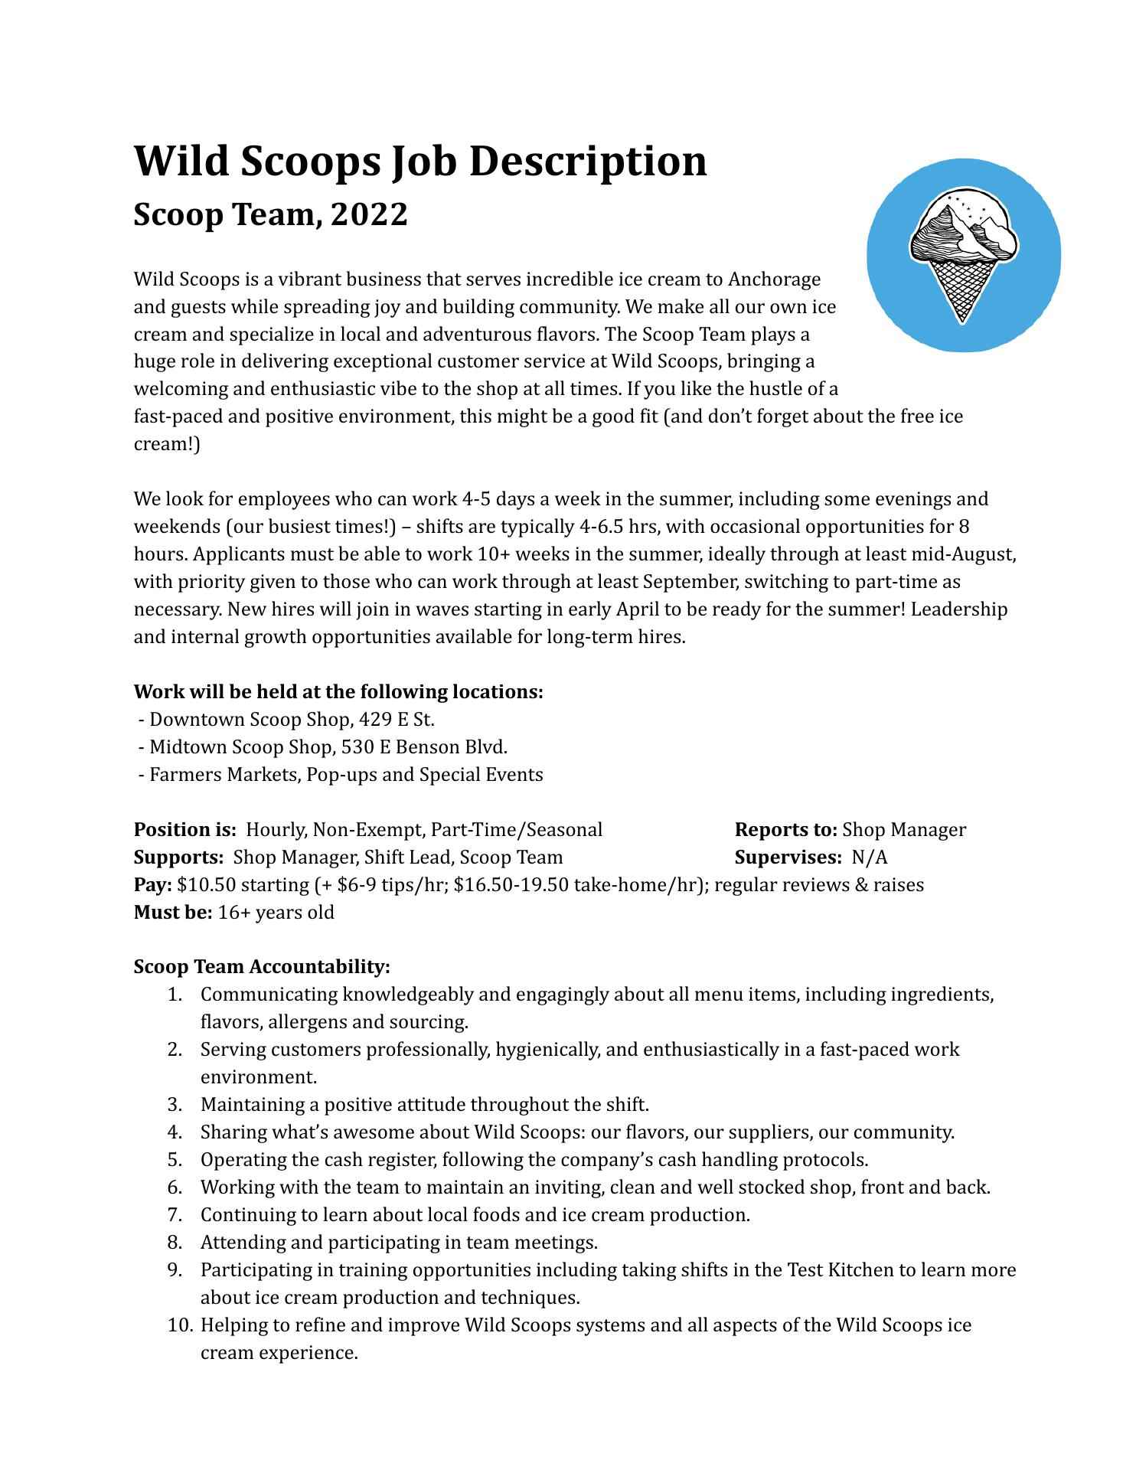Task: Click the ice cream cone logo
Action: point(963,256)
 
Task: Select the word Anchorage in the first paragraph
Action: point(774,279)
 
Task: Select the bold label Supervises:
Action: point(788,857)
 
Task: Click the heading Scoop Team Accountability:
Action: point(262,967)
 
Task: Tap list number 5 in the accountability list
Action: point(175,1160)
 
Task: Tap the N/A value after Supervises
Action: point(870,857)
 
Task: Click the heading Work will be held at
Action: point(338,692)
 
